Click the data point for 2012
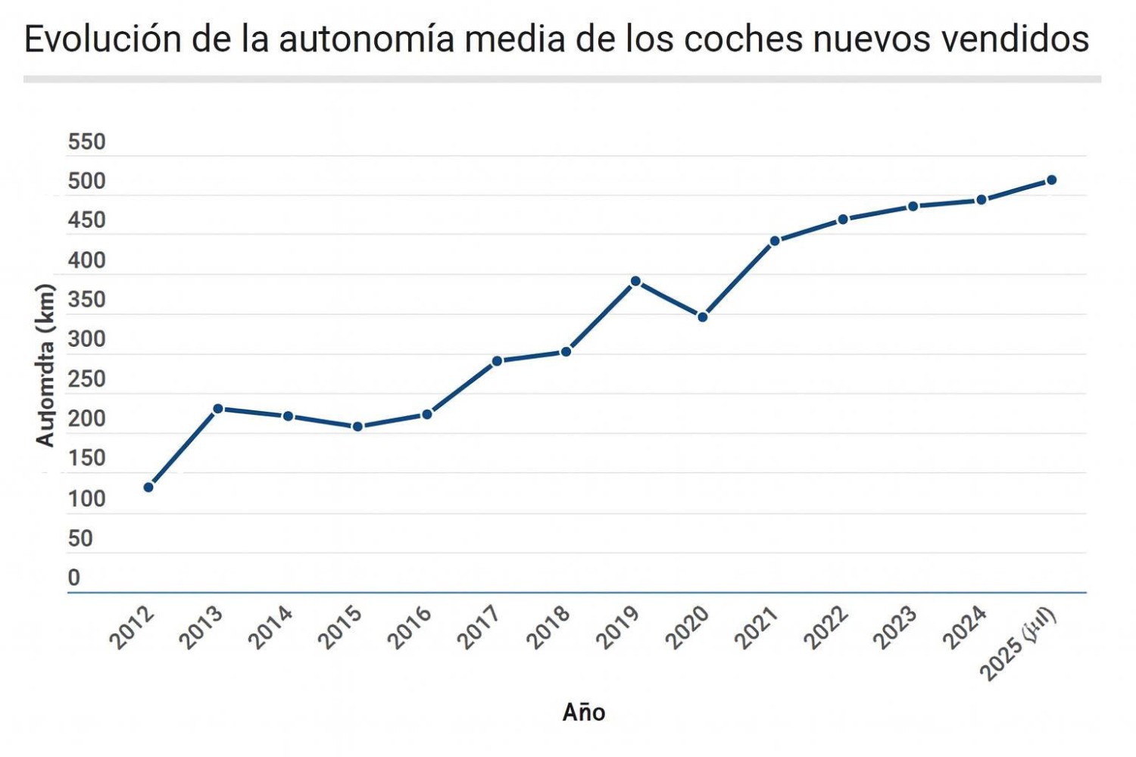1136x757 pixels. (148, 487)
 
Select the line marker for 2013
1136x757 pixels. (218, 409)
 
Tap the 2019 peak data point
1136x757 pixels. (636, 282)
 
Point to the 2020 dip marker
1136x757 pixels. (703, 317)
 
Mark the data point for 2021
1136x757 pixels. (775, 241)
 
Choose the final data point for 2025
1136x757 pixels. (1051, 180)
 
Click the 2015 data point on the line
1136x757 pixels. (357, 427)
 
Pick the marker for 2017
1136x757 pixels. (497, 361)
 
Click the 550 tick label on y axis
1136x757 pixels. (86, 142)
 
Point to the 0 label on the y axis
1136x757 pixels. (73, 578)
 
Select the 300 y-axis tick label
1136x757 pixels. (86, 339)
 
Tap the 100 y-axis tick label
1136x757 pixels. (86, 499)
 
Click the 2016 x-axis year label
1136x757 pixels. (410, 628)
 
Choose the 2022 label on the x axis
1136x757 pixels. (825, 628)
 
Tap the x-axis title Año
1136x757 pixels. (583, 712)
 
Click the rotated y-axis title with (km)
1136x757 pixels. (45, 365)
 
